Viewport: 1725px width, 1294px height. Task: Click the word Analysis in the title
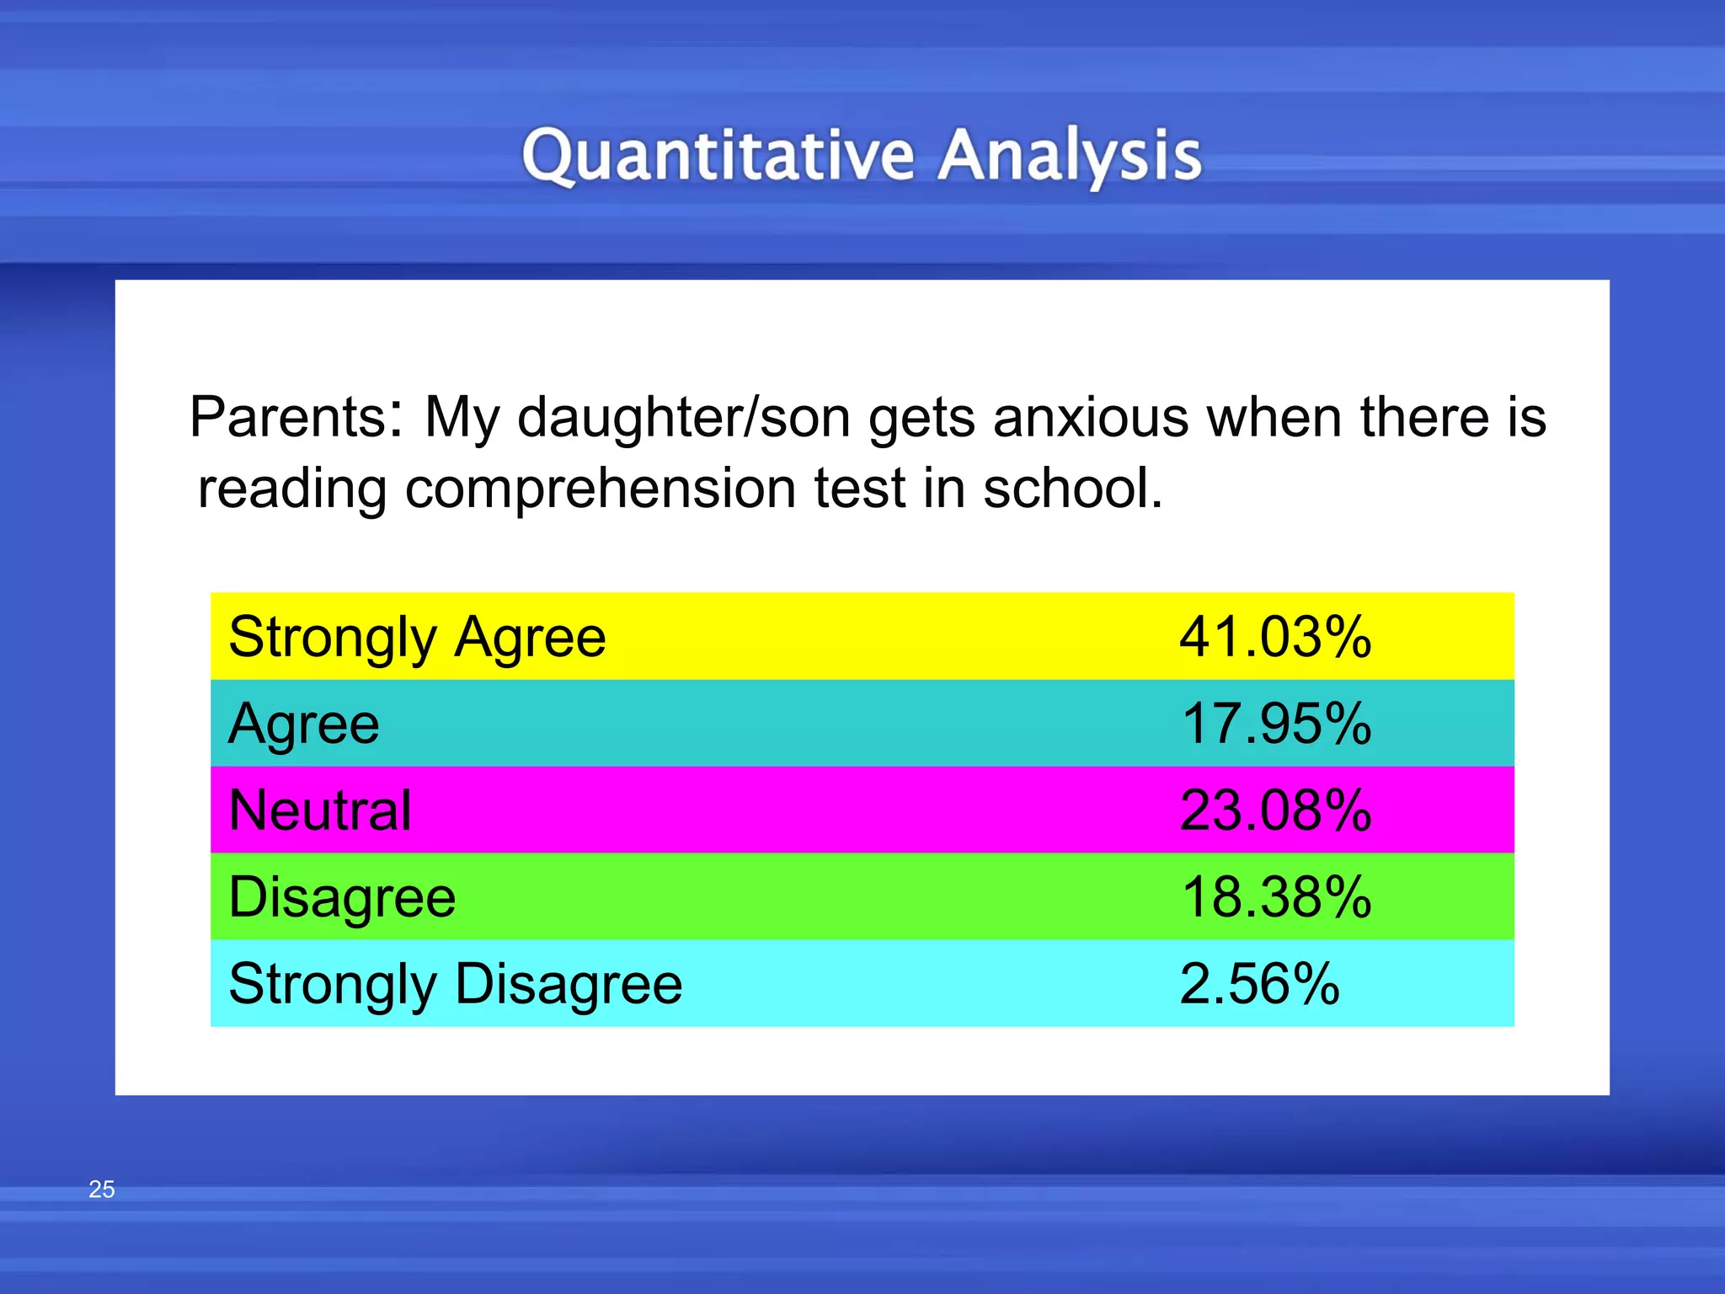1070,156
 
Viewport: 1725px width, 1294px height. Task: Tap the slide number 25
101,1189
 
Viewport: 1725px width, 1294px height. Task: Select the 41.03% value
1275,637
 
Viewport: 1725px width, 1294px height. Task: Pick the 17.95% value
1275,724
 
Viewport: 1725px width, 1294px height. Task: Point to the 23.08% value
1275,810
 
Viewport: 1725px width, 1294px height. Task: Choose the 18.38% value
1275,897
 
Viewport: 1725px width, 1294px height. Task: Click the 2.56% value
1258,984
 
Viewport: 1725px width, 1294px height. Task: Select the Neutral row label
320,810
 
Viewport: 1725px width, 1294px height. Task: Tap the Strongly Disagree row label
455,984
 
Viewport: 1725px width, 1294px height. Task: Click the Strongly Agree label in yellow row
417,637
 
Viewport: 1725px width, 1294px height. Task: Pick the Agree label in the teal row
304,724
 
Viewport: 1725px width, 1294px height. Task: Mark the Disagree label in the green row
342,897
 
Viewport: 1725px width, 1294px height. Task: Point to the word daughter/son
683,417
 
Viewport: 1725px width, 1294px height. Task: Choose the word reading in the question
291,489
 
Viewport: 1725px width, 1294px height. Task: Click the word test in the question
858,489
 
